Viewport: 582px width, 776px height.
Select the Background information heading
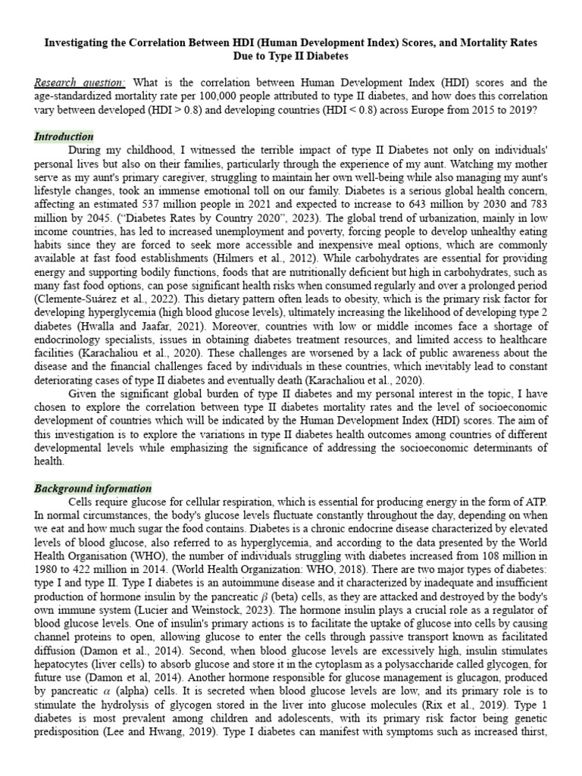[92, 488]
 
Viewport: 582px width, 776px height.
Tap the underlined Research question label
[80, 83]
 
